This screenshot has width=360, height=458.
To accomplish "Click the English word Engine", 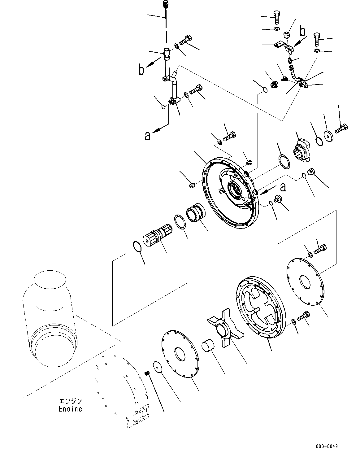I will [x=70, y=409].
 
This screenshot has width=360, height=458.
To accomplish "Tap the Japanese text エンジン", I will [x=71, y=401].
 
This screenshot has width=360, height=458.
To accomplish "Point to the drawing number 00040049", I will [x=327, y=446].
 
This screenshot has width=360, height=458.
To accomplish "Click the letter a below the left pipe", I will [x=148, y=135].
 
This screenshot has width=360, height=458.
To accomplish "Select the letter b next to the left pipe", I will [x=141, y=70].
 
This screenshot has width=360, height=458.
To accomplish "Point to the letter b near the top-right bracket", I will [x=303, y=31].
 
